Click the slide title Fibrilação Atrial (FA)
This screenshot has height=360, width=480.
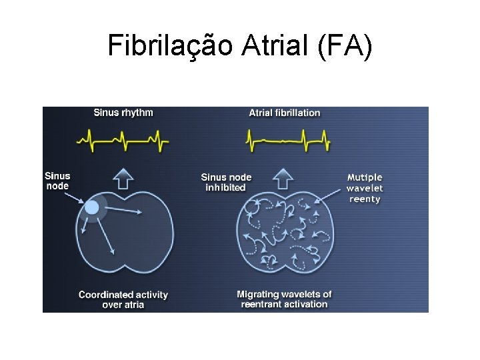click(240, 46)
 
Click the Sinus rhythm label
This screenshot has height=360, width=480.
click(123, 113)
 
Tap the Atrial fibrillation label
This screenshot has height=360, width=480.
click(285, 113)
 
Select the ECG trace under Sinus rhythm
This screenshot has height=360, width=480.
click(123, 139)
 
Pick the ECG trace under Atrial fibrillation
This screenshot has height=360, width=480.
click(287, 140)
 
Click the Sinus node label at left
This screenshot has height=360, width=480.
click(57, 181)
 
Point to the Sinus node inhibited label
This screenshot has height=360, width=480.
click(226, 182)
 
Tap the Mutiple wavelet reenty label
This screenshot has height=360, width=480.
click(365, 188)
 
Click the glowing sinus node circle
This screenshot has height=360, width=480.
click(92, 207)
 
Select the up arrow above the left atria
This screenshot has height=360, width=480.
click(124, 178)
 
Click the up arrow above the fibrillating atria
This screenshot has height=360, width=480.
click(285, 178)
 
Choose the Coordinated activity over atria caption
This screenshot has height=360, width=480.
click(123, 299)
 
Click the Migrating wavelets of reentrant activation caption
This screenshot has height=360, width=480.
click(284, 299)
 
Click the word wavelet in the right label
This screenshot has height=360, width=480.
click(365, 188)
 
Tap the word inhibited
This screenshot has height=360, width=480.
click(226, 187)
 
